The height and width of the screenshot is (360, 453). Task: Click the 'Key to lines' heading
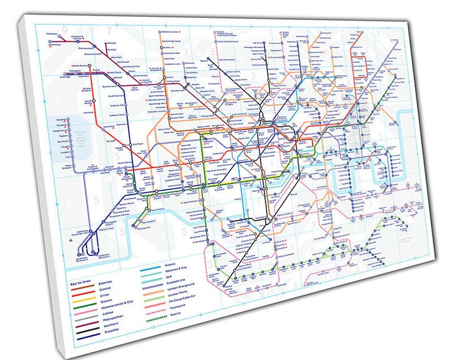tap(81, 283)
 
